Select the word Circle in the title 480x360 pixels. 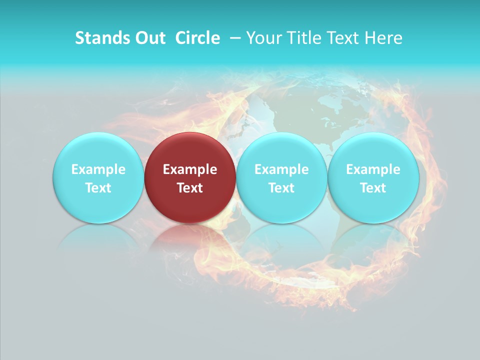197,38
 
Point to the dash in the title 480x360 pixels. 233,38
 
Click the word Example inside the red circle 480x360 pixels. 190,169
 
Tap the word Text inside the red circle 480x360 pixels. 190,188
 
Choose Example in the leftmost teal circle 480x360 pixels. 98,169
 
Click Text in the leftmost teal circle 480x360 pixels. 98,188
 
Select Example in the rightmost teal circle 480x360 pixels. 373,169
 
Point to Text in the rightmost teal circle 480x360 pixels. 373,188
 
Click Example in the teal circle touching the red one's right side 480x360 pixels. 281,169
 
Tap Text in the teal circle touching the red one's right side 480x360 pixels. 281,188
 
